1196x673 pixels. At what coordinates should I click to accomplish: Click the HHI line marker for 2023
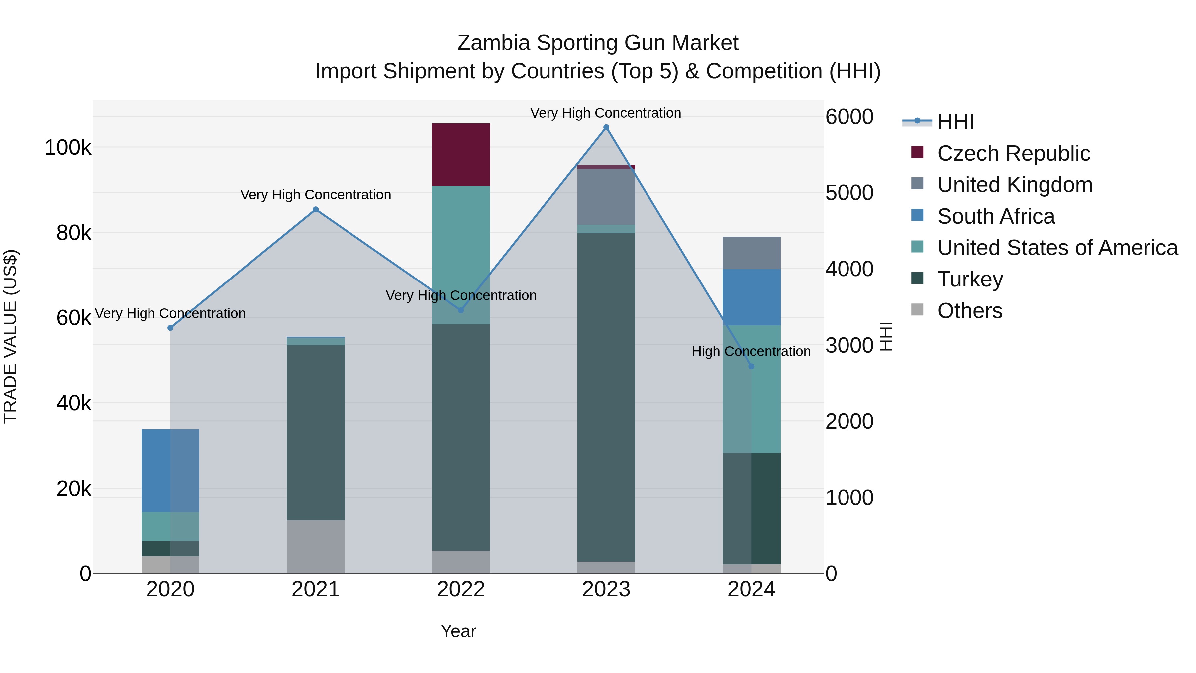(606, 127)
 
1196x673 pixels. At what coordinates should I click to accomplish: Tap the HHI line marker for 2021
(316, 209)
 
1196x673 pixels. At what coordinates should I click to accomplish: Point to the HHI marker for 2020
(170, 328)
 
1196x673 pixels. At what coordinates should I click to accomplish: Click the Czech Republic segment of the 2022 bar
(460, 155)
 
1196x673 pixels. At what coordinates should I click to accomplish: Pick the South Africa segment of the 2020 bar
(170, 471)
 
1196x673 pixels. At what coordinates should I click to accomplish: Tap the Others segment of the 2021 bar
(316, 547)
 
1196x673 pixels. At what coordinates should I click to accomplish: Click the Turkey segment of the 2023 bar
(606, 397)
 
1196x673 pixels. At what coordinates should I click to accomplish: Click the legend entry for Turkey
(970, 279)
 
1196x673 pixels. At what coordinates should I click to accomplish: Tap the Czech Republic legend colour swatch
(917, 152)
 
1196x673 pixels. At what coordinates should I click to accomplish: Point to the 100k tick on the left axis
(68, 148)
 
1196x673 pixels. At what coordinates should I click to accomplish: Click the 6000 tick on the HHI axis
(849, 117)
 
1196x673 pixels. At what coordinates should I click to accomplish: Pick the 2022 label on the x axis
(460, 589)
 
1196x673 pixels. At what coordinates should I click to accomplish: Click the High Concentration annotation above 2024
(751, 352)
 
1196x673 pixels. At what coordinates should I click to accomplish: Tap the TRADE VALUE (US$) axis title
(10, 336)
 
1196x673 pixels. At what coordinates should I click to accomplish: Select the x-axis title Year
(458, 631)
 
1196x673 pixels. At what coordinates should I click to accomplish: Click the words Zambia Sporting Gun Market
(598, 43)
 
